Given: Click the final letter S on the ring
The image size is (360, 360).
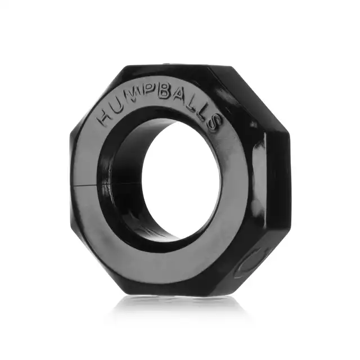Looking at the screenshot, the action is [213, 123].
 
